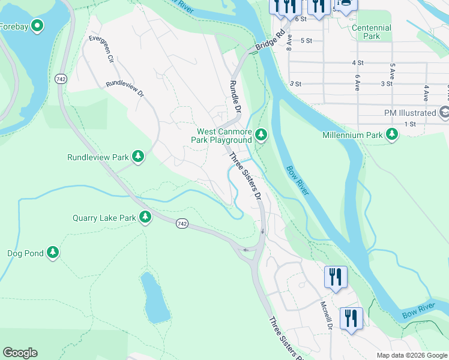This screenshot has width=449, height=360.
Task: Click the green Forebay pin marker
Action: pyautogui.click(x=37, y=26)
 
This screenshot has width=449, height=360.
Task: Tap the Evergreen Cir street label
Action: pyautogui.click(x=101, y=49)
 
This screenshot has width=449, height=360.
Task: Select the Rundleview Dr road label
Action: pyautogui.click(x=125, y=89)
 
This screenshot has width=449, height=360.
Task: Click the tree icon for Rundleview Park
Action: pyautogui.click(x=139, y=157)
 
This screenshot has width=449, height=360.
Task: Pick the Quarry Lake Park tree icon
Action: pyautogui.click(x=145, y=217)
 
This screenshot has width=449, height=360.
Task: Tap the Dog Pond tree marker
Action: pyautogui.click(x=53, y=253)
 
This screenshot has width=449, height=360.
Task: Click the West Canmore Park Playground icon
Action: pyautogui.click(x=261, y=134)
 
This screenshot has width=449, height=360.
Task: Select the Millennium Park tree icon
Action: pyautogui.click(x=392, y=134)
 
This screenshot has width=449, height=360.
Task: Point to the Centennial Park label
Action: pyautogui.click(x=371, y=32)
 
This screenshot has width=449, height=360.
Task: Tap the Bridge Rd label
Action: pyautogui.click(x=268, y=41)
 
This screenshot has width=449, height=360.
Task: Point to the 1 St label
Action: pyautogui.click(x=410, y=124)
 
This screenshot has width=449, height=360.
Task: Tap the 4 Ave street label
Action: pyautogui.click(x=426, y=92)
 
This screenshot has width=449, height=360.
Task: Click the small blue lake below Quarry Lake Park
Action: pyautogui.click(x=154, y=298)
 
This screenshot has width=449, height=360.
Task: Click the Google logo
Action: pyautogui.click(x=20, y=353)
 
